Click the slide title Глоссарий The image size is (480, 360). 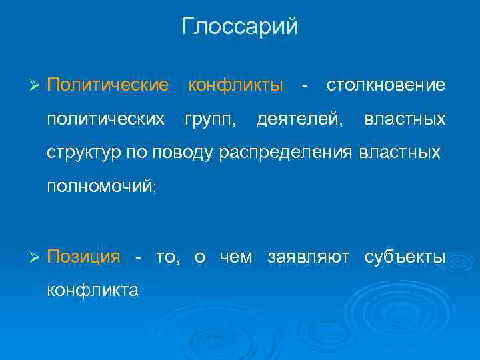click(240, 27)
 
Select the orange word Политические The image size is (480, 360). click(107, 85)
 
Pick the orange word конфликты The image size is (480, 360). click(236, 85)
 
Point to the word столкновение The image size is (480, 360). click(385, 85)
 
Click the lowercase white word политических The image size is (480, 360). click(105, 119)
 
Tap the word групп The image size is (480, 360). click(209, 119)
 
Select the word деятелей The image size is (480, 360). click(301, 119)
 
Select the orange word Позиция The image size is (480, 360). click(83, 257)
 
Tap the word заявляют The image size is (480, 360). click(308, 257)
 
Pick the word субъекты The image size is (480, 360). click(405, 257)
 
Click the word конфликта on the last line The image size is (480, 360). click(93, 290)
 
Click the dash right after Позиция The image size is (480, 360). click(138, 257)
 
